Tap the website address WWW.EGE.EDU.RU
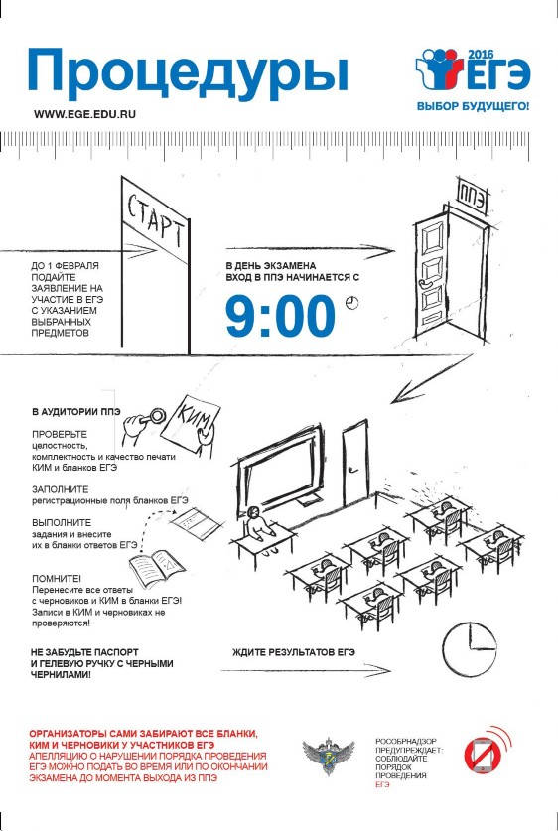click(x=84, y=114)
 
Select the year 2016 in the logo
click(x=481, y=54)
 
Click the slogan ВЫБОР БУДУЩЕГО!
click(x=473, y=106)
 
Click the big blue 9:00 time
click(x=280, y=317)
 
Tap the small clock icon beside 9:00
click(x=351, y=303)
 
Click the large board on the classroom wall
click(x=279, y=469)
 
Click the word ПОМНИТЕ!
click(x=53, y=578)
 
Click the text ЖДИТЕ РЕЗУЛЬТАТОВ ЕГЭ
click(x=294, y=652)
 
